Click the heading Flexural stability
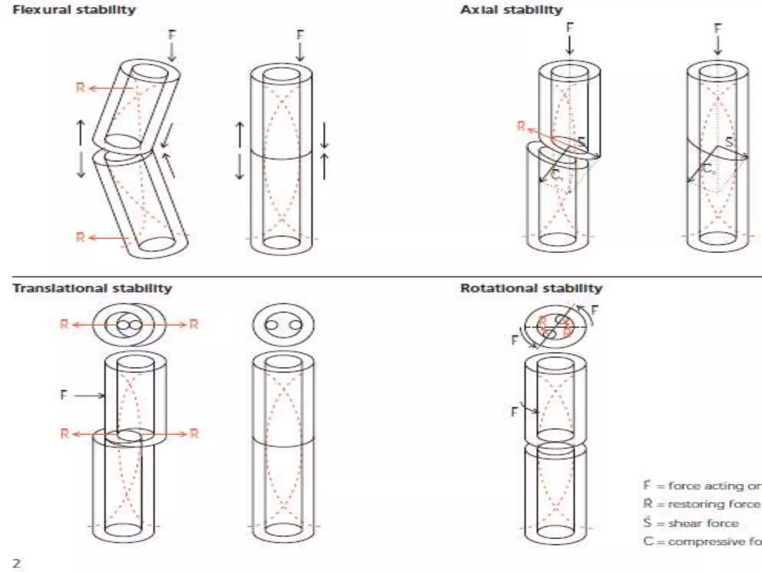[x=74, y=10]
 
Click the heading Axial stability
[x=511, y=10]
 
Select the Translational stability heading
[x=92, y=288]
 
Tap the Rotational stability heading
[x=531, y=288]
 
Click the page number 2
[x=17, y=562]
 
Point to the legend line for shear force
[x=691, y=523]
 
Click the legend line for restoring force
[x=702, y=504]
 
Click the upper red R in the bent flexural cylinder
[x=80, y=88]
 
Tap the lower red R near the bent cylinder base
[x=80, y=237]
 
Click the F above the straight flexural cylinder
[x=300, y=35]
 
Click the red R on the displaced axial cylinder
[x=521, y=127]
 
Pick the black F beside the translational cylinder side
[x=64, y=395]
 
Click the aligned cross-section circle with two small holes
[x=283, y=325]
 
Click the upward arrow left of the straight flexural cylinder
[x=240, y=134]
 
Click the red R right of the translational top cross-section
[x=194, y=324]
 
